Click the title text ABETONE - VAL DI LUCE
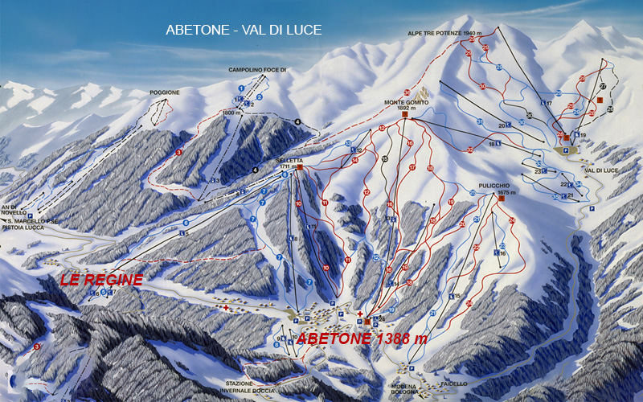244,30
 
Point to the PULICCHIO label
495,185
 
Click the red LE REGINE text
102,280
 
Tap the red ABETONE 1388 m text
362,338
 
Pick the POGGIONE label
165,92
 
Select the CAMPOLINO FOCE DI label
258,70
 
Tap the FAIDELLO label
454,384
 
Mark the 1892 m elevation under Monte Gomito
404,110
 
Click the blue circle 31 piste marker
478,122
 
